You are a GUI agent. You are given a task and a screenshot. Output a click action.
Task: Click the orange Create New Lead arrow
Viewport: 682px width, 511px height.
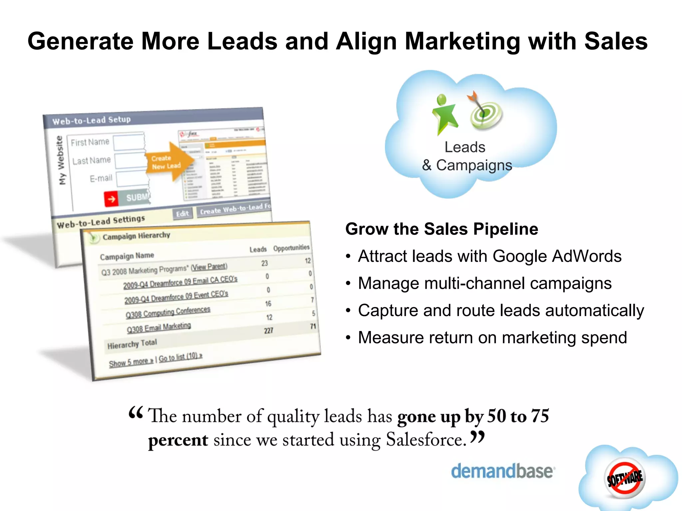pyautogui.click(x=169, y=162)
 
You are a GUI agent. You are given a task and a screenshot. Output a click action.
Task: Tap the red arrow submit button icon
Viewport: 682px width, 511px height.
pyautogui.click(x=111, y=199)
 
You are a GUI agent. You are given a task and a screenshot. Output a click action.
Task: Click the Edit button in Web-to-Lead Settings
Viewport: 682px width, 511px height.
pyautogui.click(x=182, y=213)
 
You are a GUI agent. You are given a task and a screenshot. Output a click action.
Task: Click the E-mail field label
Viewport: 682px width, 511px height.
pyautogui.click(x=101, y=179)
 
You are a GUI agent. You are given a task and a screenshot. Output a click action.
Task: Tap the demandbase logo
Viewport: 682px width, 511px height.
pyautogui.click(x=503, y=471)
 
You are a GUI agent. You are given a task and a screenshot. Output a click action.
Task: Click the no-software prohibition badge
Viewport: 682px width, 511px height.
pyautogui.click(x=625, y=478)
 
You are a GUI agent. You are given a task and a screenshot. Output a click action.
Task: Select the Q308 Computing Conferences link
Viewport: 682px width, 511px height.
pyautogui.click(x=168, y=312)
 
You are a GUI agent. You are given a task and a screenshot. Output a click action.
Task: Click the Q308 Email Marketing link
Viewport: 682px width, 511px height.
pyautogui.click(x=159, y=327)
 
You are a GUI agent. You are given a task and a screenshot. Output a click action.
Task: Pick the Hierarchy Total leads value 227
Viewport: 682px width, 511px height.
pyautogui.click(x=268, y=330)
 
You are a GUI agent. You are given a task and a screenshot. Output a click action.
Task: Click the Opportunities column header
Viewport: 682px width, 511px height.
pyautogui.click(x=291, y=248)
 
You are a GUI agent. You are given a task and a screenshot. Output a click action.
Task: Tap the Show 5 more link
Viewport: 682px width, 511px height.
pyautogui.click(x=131, y=362)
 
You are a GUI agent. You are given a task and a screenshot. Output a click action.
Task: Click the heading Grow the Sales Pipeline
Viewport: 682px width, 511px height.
pyautogui.click(x=442, y=229)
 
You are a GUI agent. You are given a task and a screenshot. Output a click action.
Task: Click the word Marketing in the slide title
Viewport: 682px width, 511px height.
pyautogui.click(x=462, y=41)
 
